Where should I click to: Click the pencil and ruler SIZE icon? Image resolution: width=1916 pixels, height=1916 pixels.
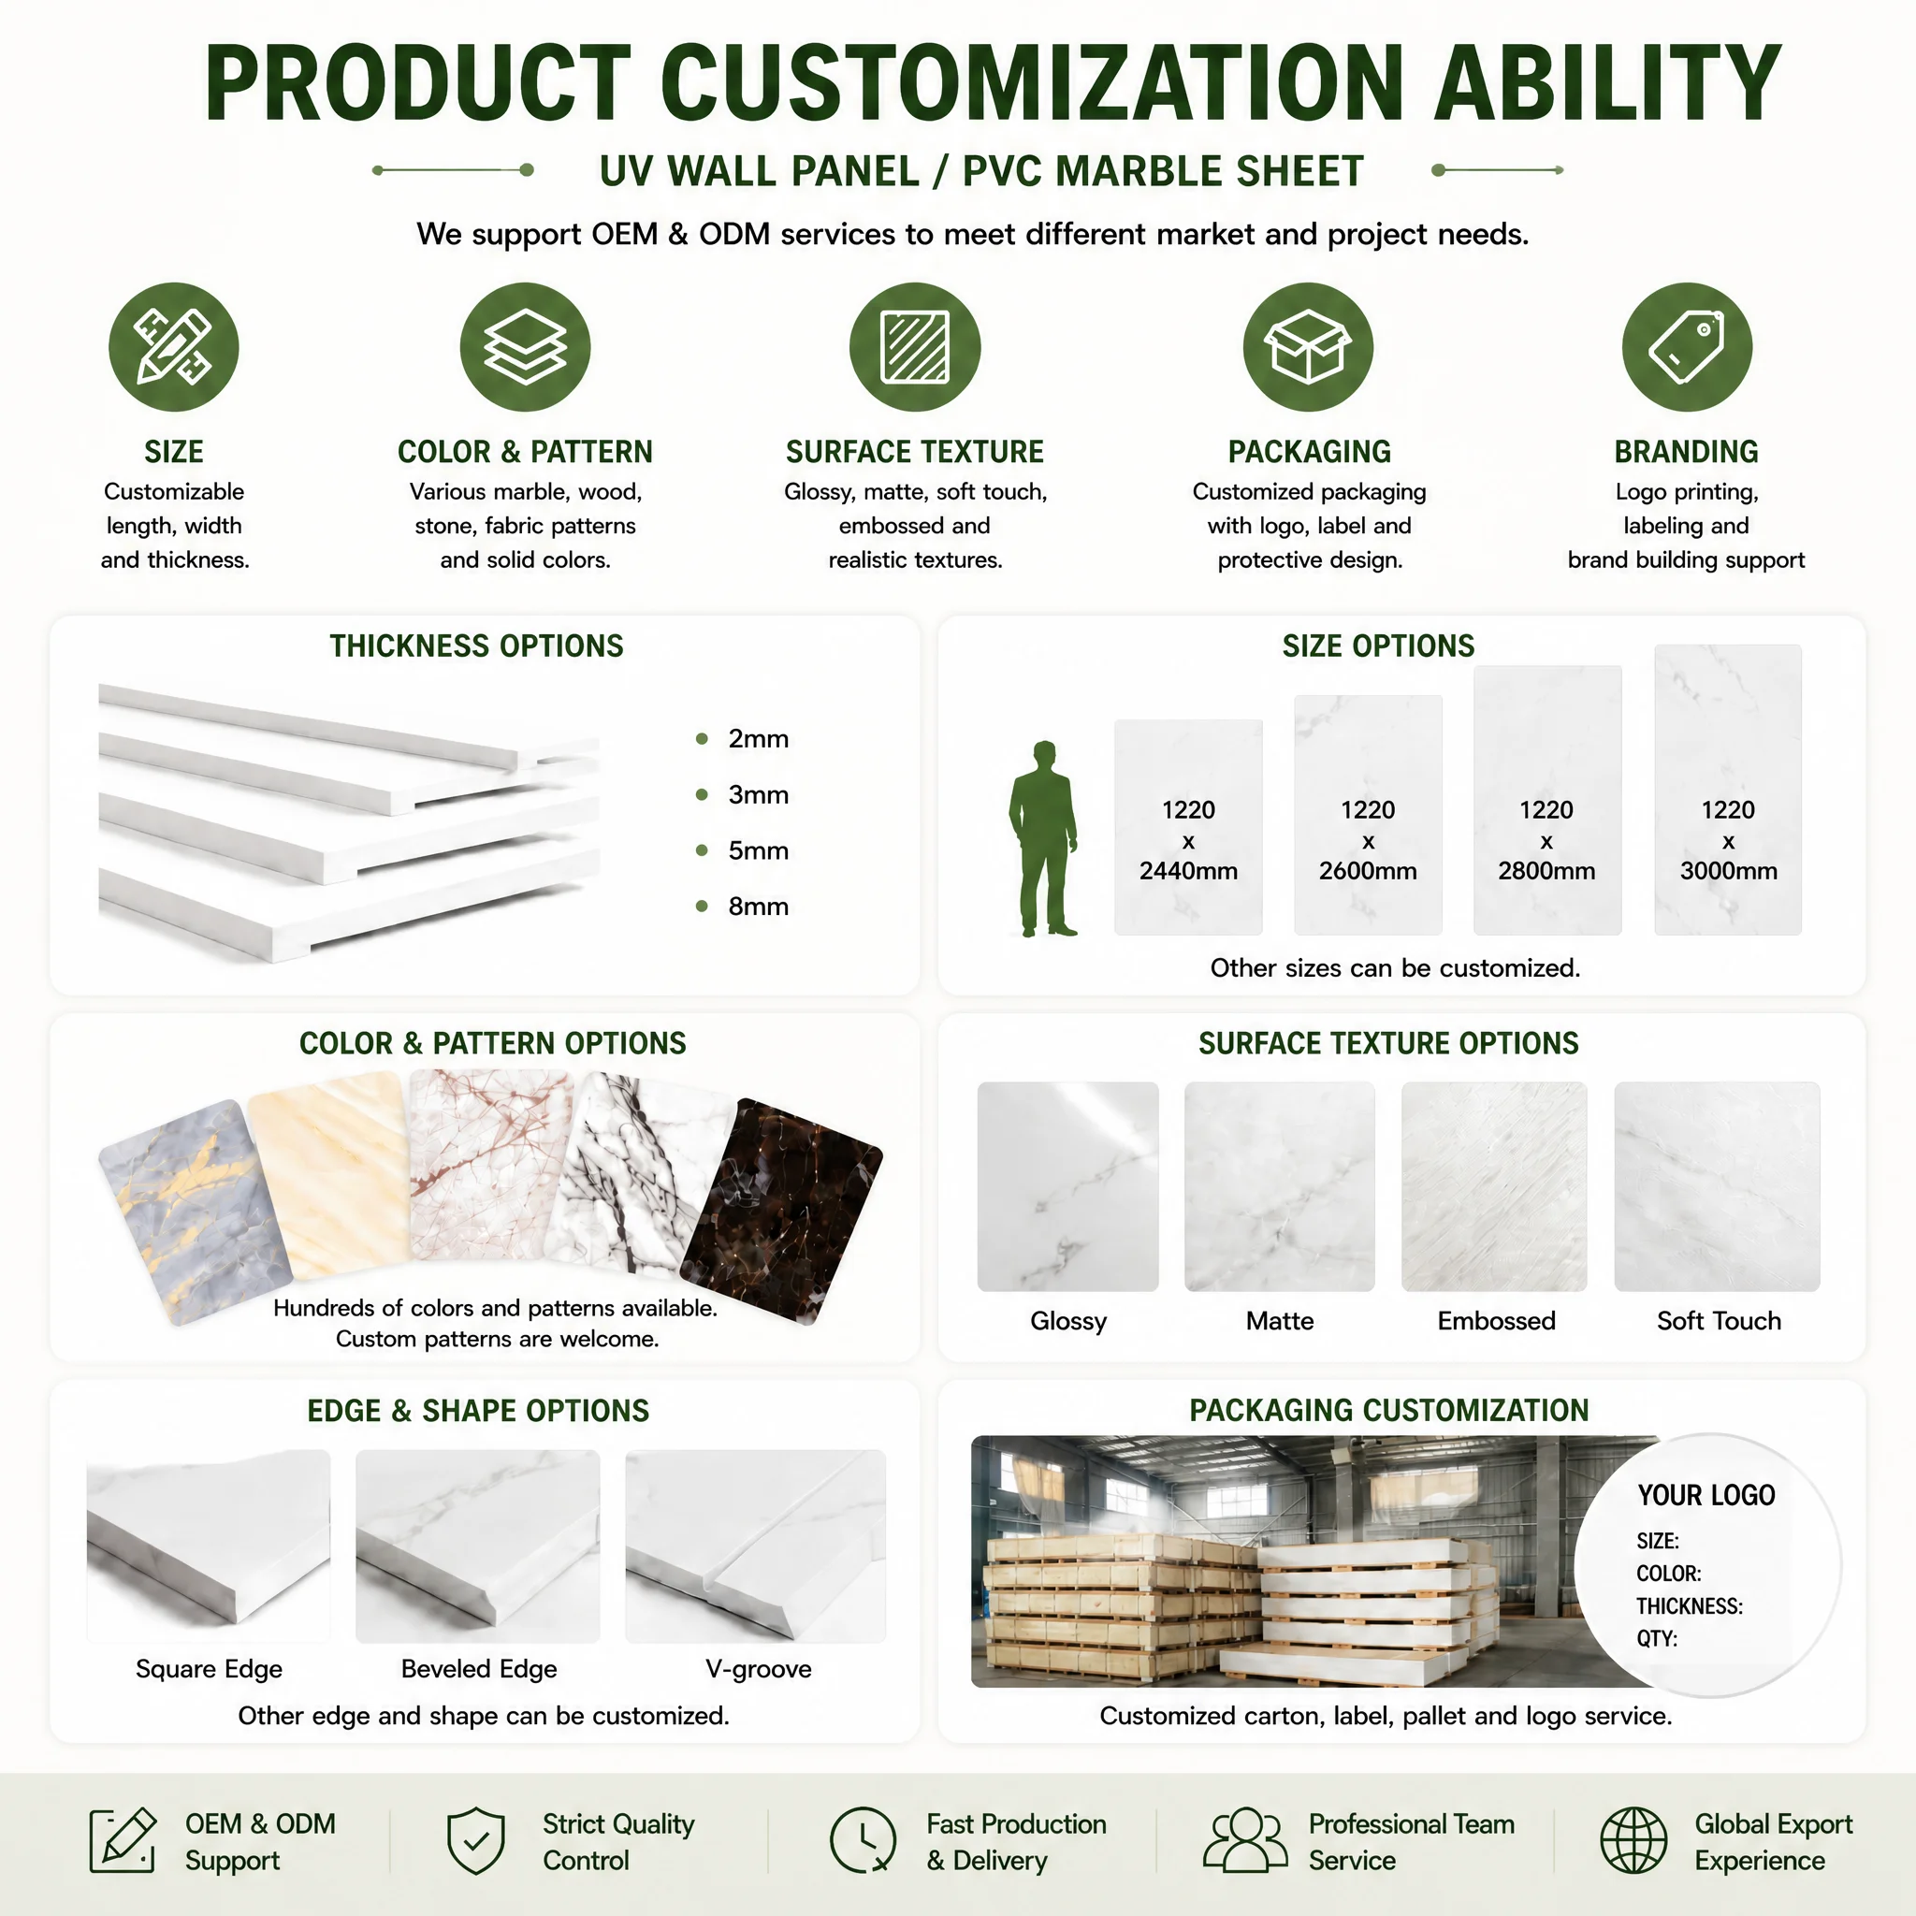[x=174, y=347]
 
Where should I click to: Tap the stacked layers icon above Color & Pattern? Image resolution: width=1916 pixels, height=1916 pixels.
[x=525, y=347]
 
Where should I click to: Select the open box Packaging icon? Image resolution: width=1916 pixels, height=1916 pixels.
[x=1308, y=347]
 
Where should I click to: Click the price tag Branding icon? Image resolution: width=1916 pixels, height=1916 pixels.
[x=1687, y=347]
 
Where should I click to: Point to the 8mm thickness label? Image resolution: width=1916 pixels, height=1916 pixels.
[x=759, y=907]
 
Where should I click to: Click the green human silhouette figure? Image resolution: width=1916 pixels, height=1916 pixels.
[x=1043, y=838]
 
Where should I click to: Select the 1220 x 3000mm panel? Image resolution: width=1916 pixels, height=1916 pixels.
[x=1728, y=790]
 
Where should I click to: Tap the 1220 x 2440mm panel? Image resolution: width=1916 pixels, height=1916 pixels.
[x=1188, y=827]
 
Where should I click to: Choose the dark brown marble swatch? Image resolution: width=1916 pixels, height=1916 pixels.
[x=782, y=1211]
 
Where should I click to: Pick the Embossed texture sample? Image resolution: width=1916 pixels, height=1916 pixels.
[x=1493, y=1186]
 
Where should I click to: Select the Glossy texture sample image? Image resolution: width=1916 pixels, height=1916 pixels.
[x=1068, y=1186]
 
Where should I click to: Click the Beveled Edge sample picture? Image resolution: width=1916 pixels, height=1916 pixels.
[x=478, y=1546]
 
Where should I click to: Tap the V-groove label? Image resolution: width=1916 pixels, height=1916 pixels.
[x=759, y=1669]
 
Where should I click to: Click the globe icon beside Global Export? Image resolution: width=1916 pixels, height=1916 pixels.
[x=1633, y=1840]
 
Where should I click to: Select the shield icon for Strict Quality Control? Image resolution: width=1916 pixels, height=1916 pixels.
[x=476, y=1840]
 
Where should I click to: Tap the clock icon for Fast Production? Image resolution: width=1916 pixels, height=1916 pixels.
[x=862, y=1840]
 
